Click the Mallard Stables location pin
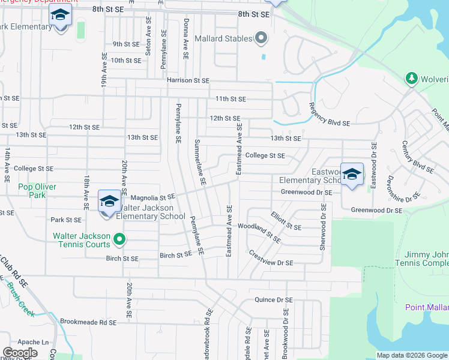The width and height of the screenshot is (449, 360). point(261,38)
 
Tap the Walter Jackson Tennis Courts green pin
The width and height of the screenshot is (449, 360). point(119,240)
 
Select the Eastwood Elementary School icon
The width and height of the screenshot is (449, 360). point(352,174)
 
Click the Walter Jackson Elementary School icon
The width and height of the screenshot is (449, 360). point(109,202)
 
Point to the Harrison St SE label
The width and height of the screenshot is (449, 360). point(188,80)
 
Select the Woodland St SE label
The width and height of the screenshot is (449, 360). point(259,232)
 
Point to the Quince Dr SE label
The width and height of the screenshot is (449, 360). point(273,300)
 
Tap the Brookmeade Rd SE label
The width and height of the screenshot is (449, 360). point(88,322)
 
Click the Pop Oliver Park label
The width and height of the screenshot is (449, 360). point(37,191)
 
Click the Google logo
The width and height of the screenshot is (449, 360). point(20,352)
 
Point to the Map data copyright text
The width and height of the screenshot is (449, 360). point(412,355)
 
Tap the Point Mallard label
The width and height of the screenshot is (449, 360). point(427,308)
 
